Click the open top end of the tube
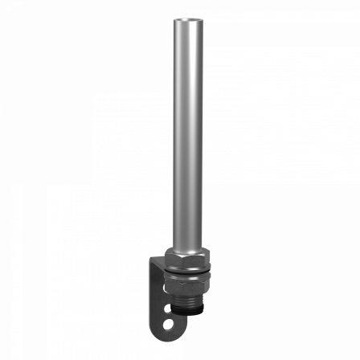(x=190, y=19)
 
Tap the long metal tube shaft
(x=190, y=129)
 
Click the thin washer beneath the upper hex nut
(x=190, y=272)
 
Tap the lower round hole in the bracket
(x=168, y=325)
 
